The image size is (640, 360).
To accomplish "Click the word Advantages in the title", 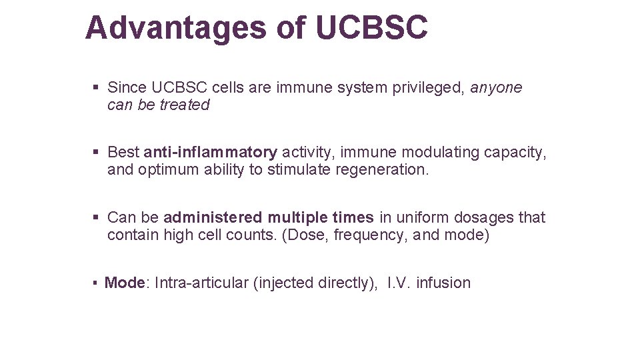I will pos(175,28).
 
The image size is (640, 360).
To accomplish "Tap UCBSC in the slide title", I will pos(371,28).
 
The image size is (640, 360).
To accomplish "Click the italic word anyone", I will pos(497,87).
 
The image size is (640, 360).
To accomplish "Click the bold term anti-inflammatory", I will pos(210,153).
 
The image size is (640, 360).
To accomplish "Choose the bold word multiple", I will pos(298,217).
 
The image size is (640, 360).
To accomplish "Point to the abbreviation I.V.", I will pos(399,283).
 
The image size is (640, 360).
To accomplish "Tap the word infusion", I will pos(443,283).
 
